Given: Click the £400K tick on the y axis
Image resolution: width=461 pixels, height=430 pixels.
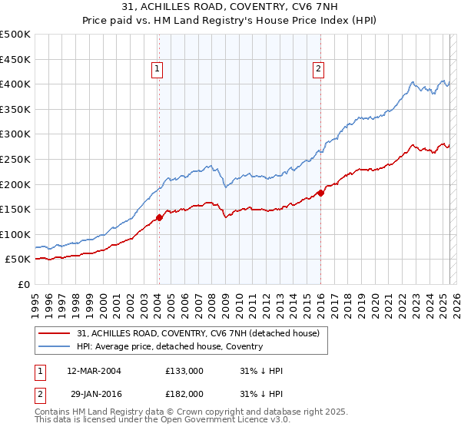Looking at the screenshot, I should click(15, 84).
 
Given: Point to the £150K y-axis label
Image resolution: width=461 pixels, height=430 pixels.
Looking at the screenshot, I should click(15, 209).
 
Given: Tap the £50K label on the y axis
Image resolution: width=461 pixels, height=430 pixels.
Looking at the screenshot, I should click(18, 260).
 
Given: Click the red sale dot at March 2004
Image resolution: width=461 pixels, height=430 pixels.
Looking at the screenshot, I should click(159, 217).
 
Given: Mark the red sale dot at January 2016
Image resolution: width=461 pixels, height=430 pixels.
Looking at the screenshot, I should click(320, 193).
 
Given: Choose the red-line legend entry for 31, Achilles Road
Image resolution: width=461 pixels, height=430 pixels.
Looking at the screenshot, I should click(202, 333).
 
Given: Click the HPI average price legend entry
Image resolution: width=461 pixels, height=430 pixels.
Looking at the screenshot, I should click(170, 346).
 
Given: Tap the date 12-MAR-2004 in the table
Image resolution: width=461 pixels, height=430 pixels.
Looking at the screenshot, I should click(95, 371).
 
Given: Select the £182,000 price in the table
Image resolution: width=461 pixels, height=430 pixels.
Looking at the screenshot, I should click(184, 394).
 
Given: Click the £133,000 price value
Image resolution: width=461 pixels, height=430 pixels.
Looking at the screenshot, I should click(184, 371).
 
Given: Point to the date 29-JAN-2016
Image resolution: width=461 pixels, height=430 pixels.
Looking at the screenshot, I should click(94, 394).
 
